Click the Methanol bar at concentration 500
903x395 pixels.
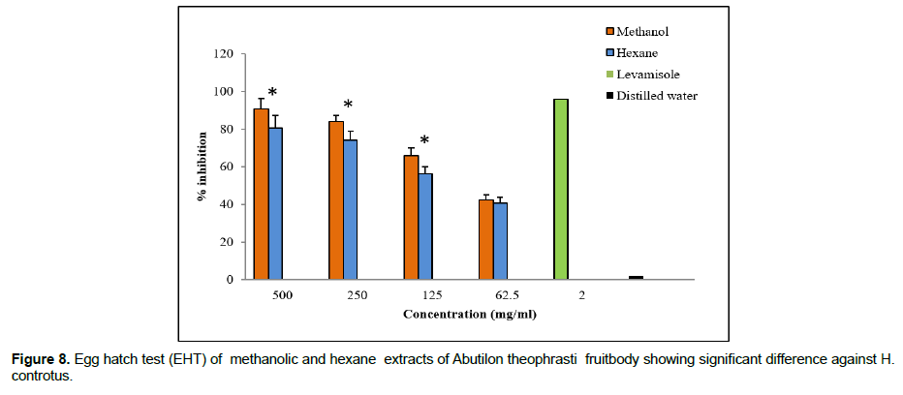click(x=261, y=194)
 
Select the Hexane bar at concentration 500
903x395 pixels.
click(x=275, y=203)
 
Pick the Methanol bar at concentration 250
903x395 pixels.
click(x=336, y=199)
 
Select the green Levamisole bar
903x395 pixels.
click(x=561, y=189)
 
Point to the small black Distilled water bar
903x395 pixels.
click(x=636, y=278)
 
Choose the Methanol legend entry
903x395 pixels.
click(x=642, y=32)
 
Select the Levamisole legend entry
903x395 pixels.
click(x=646, y=75)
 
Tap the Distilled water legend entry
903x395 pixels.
click(x=656, y=96)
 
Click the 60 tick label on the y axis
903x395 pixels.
click(x=226, y=167)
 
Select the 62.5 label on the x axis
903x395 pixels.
click(x=492, y=295)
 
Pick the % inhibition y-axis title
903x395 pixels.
click(x=202, y=167)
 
